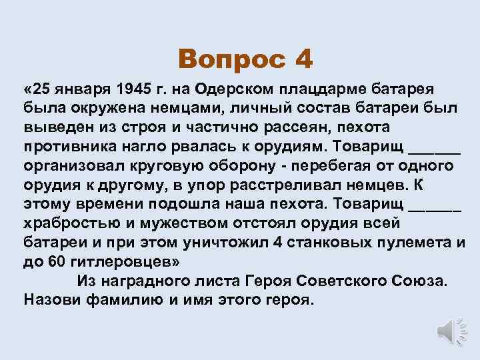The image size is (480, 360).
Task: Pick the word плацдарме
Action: (321, 89)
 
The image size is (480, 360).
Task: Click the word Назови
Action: (53, 298)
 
